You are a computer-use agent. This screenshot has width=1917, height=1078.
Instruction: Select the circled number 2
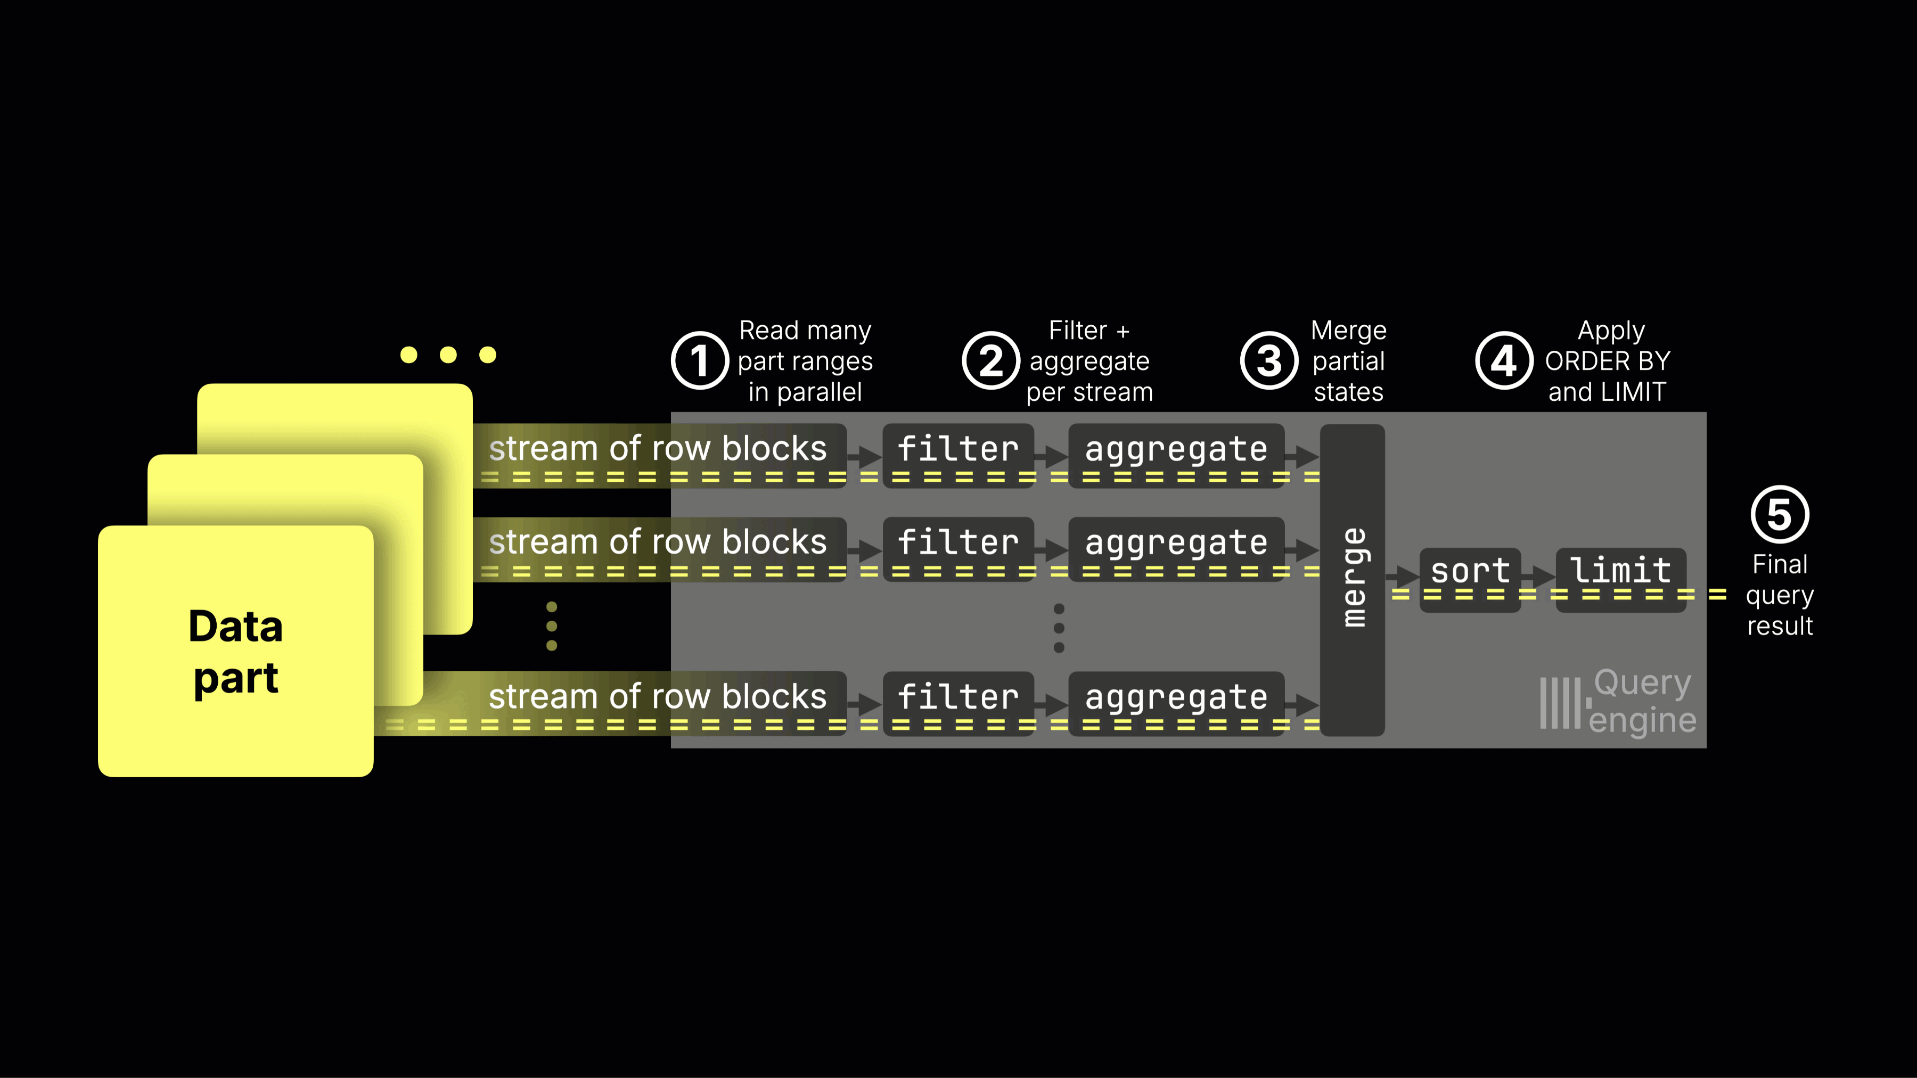click(x=990, y=361)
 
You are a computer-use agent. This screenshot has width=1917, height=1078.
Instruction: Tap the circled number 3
click(x=1269, y=361)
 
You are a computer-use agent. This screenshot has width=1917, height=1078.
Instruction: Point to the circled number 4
click(x=1503, y=361)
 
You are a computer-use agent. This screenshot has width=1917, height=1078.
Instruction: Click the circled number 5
click(x=1779, y=514)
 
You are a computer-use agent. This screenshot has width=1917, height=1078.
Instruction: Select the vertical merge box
click(x=1352, y=580)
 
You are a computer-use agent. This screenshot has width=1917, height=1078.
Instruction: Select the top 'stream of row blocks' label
click(x=658, y=449)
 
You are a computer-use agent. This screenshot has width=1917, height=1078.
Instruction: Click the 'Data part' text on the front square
click(x=236, y=652)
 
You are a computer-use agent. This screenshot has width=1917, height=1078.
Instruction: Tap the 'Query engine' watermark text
click(x=1642, y=702)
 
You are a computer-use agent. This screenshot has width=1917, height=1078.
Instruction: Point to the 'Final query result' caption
click(x=1779, y=595)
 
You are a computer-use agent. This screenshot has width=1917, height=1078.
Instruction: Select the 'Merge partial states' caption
click(x=1348, y=361)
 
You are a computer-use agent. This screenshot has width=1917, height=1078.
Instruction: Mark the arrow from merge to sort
click(x=1402, y=575)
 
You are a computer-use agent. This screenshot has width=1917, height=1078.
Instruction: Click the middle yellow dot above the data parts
click(x=448, y=355)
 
